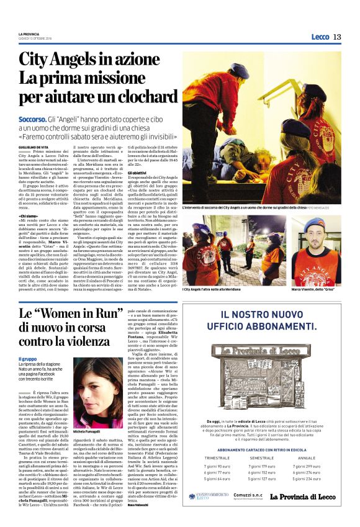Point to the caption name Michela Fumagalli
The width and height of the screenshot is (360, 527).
[x=89, y=430]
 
